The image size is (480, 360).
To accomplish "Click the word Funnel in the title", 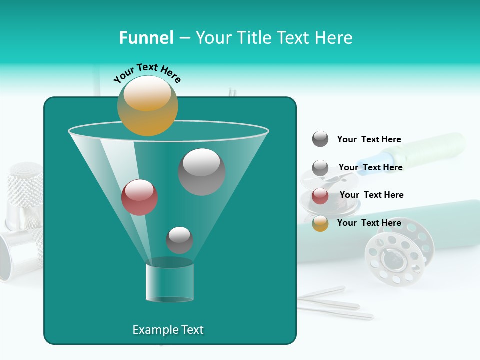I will tap(146, 38).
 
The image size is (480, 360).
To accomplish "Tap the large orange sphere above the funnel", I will tap(147, 105).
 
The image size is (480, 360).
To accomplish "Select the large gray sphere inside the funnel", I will tap(201, 171).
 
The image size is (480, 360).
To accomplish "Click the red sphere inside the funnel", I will tap(139, 197).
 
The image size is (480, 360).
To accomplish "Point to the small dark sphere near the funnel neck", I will tap(179, 240).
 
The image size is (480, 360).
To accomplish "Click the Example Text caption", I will tap(168, 330).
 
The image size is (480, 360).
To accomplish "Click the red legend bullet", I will tap(320, 196).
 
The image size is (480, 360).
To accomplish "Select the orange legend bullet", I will tap(320, 223).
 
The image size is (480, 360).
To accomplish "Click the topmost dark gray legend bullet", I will tap(320, 139).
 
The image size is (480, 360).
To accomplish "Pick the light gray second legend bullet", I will tap(320, 168).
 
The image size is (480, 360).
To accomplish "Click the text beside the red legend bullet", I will tap(371, 195).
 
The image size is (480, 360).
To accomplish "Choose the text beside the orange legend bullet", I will tap(369, 223).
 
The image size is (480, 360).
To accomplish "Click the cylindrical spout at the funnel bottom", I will tap(170, 281).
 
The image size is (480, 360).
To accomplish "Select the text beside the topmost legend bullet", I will tap(369, 139).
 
